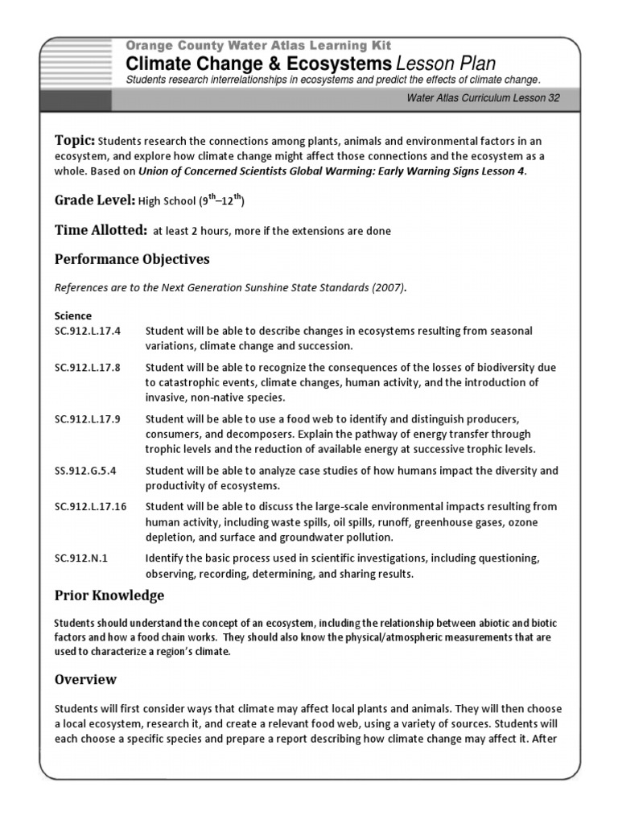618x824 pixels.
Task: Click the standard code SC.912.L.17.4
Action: (87, 332)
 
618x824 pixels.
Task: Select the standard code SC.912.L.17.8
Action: (87, 368)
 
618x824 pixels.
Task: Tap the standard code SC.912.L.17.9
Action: (87, 419)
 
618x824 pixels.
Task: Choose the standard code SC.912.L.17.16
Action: (90, 507)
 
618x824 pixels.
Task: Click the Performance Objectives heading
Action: (132, 259)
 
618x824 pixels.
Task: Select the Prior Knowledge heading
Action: (109, 595)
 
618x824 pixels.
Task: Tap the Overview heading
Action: (85, 679)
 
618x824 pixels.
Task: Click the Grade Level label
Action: (94, 200)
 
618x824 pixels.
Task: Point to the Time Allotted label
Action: (101, 230)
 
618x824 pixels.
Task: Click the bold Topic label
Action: (75, 141)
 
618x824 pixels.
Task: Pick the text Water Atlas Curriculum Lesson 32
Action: (483, 99)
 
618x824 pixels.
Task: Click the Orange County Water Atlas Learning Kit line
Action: (258, 47)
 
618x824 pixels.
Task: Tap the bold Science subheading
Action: (72, 315)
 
